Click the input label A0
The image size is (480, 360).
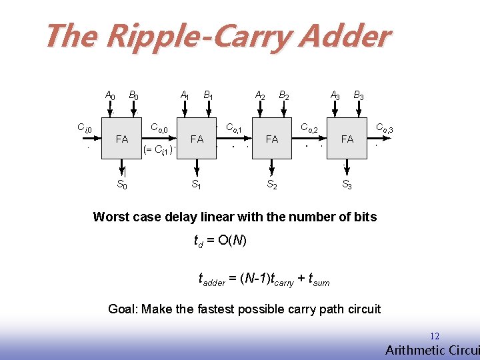coord(110,96)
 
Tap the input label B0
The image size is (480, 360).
coord(133,96)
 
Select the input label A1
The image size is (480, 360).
coord(185,96)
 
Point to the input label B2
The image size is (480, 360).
coord(283,96)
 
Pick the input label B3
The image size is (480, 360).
coord(359,96)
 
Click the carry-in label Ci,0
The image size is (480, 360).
coord(84,127)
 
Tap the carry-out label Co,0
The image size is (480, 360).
coord(163,127)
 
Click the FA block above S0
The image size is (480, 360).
coord(122,139)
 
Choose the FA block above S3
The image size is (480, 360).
coord(347,139)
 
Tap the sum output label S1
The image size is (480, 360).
coord(197,185)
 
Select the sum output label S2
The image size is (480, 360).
coord(272,185)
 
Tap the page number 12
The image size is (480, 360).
coord(435,337)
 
